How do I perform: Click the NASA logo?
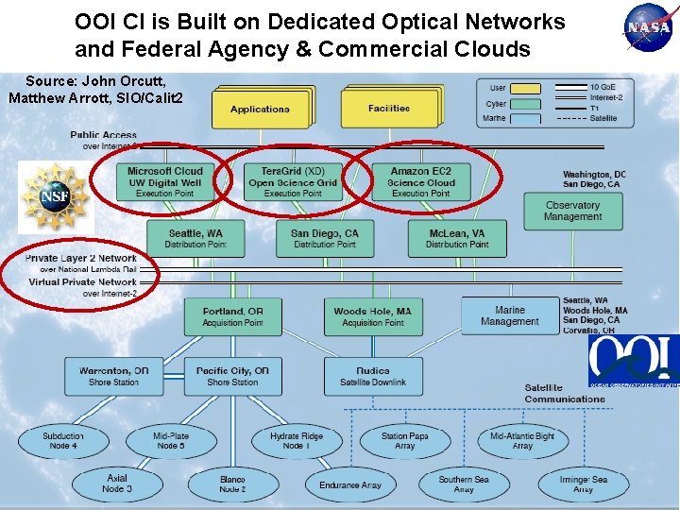650,28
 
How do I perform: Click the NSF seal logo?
55,196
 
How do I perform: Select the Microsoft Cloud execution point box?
165,182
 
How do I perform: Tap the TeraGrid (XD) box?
293,182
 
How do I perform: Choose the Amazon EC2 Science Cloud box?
420,182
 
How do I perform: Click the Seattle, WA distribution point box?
196,238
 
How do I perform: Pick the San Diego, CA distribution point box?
325,238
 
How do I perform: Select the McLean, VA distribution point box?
457,238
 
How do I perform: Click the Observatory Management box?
572,211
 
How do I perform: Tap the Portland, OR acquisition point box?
232,316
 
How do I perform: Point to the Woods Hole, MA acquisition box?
372,316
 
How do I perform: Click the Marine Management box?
509,315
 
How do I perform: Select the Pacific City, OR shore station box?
232,376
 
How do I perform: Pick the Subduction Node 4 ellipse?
62,441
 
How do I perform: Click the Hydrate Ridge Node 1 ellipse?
296,441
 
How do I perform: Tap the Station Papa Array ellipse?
404,441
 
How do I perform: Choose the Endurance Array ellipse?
350,485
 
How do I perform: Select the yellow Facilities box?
389,109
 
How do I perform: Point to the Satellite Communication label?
565,393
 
